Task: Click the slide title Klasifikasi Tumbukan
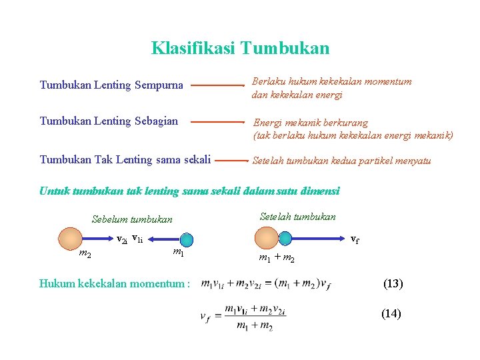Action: [240, 49]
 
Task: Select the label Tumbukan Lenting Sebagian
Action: [109, 121]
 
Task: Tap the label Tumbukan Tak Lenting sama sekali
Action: [125, 159]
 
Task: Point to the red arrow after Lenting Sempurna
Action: [218, 85]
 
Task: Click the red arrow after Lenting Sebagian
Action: [218, 122]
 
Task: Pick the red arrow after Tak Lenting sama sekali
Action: [231, 161]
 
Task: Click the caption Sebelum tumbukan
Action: [132, 219]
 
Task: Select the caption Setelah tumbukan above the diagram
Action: [297, 217]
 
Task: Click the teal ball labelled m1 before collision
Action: [187, 239]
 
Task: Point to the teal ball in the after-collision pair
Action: [285, 238]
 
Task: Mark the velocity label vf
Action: [355, 238]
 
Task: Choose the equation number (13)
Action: [393, 283]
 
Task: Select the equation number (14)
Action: [391, 313]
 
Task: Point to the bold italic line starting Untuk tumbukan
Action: [189, 191]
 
